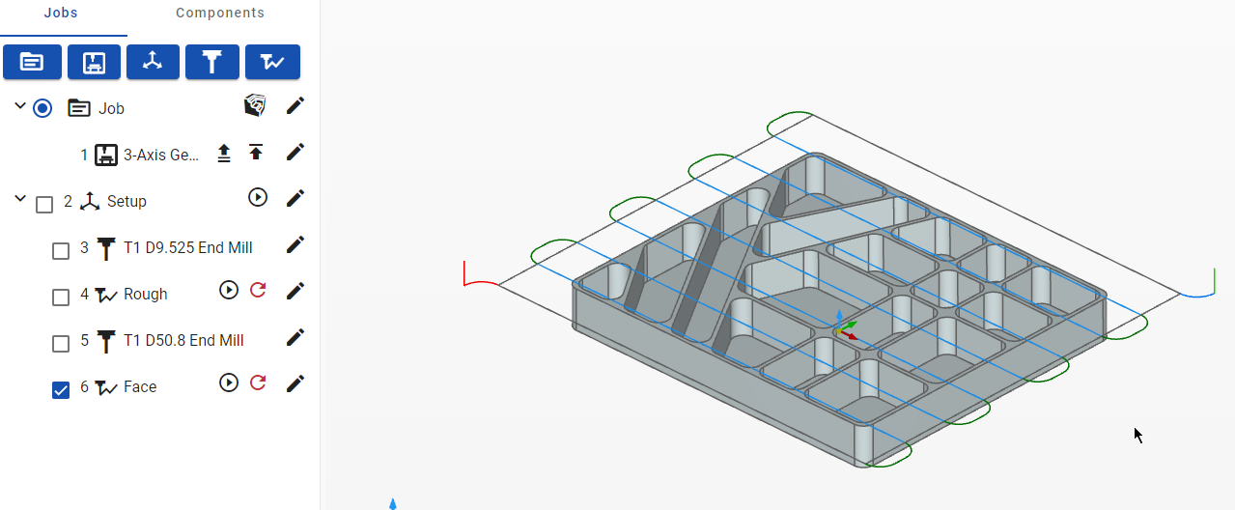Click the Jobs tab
61,13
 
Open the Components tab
220,13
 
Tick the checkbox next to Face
61,390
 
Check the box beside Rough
61,297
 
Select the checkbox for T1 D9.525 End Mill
61,251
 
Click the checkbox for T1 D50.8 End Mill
61,344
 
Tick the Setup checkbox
44,205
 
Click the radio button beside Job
42,108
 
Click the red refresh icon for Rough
258,290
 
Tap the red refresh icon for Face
258,382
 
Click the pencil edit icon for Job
295,106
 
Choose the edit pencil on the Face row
295,383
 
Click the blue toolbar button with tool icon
212,62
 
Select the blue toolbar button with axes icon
153,62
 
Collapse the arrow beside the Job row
20,105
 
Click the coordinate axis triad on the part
844,326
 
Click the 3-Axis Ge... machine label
161,155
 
